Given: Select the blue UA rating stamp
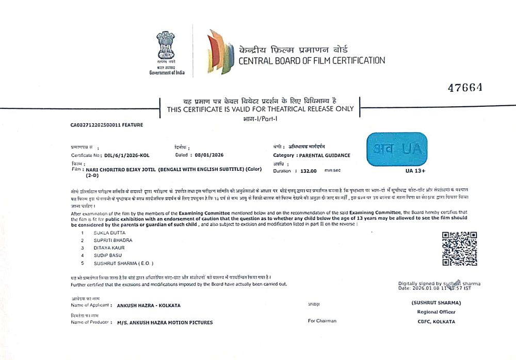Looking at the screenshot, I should [397, 150].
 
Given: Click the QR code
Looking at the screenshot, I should [459, 249].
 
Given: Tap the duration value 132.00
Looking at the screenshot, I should [305, 171].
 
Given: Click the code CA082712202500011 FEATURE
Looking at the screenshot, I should [107, 125].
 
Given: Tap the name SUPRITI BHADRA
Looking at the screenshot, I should [113, 240].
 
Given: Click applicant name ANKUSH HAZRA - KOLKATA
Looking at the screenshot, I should [149, 305].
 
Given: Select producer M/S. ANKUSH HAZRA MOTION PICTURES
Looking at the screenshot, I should [165, 322].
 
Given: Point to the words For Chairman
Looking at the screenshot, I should [322, 321].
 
